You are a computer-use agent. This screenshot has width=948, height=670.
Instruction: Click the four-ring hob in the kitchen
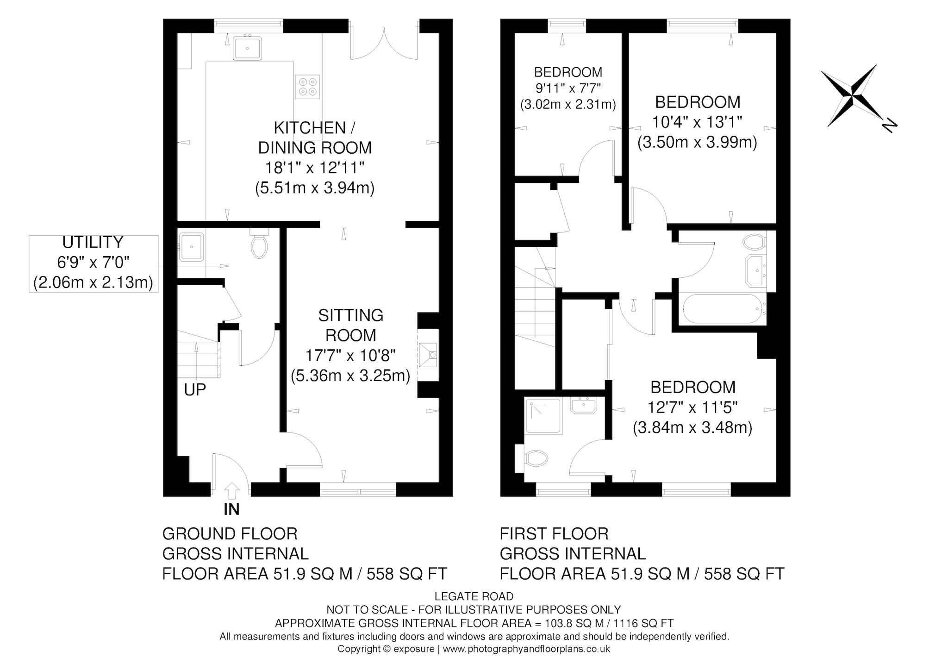coord(308,87)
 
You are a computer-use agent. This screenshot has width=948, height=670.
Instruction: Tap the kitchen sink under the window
coord(247,48)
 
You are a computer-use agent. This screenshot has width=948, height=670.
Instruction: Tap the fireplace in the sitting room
coord(428,355)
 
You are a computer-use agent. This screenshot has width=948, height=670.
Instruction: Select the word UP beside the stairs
coord(195,390)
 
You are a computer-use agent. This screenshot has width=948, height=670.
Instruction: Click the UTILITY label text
coord(93,242)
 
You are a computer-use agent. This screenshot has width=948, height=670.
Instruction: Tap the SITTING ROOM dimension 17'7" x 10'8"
coord(350,356)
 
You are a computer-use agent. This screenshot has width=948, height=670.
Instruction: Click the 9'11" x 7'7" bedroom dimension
coord(568,88)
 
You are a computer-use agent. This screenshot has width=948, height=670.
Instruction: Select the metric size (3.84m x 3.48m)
coord(692,427)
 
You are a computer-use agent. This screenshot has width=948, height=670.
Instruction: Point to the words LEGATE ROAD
coord(474,596)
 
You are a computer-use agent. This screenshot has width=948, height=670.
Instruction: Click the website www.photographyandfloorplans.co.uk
coord(526,649)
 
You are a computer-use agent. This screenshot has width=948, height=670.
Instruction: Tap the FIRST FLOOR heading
coord(554,534)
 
